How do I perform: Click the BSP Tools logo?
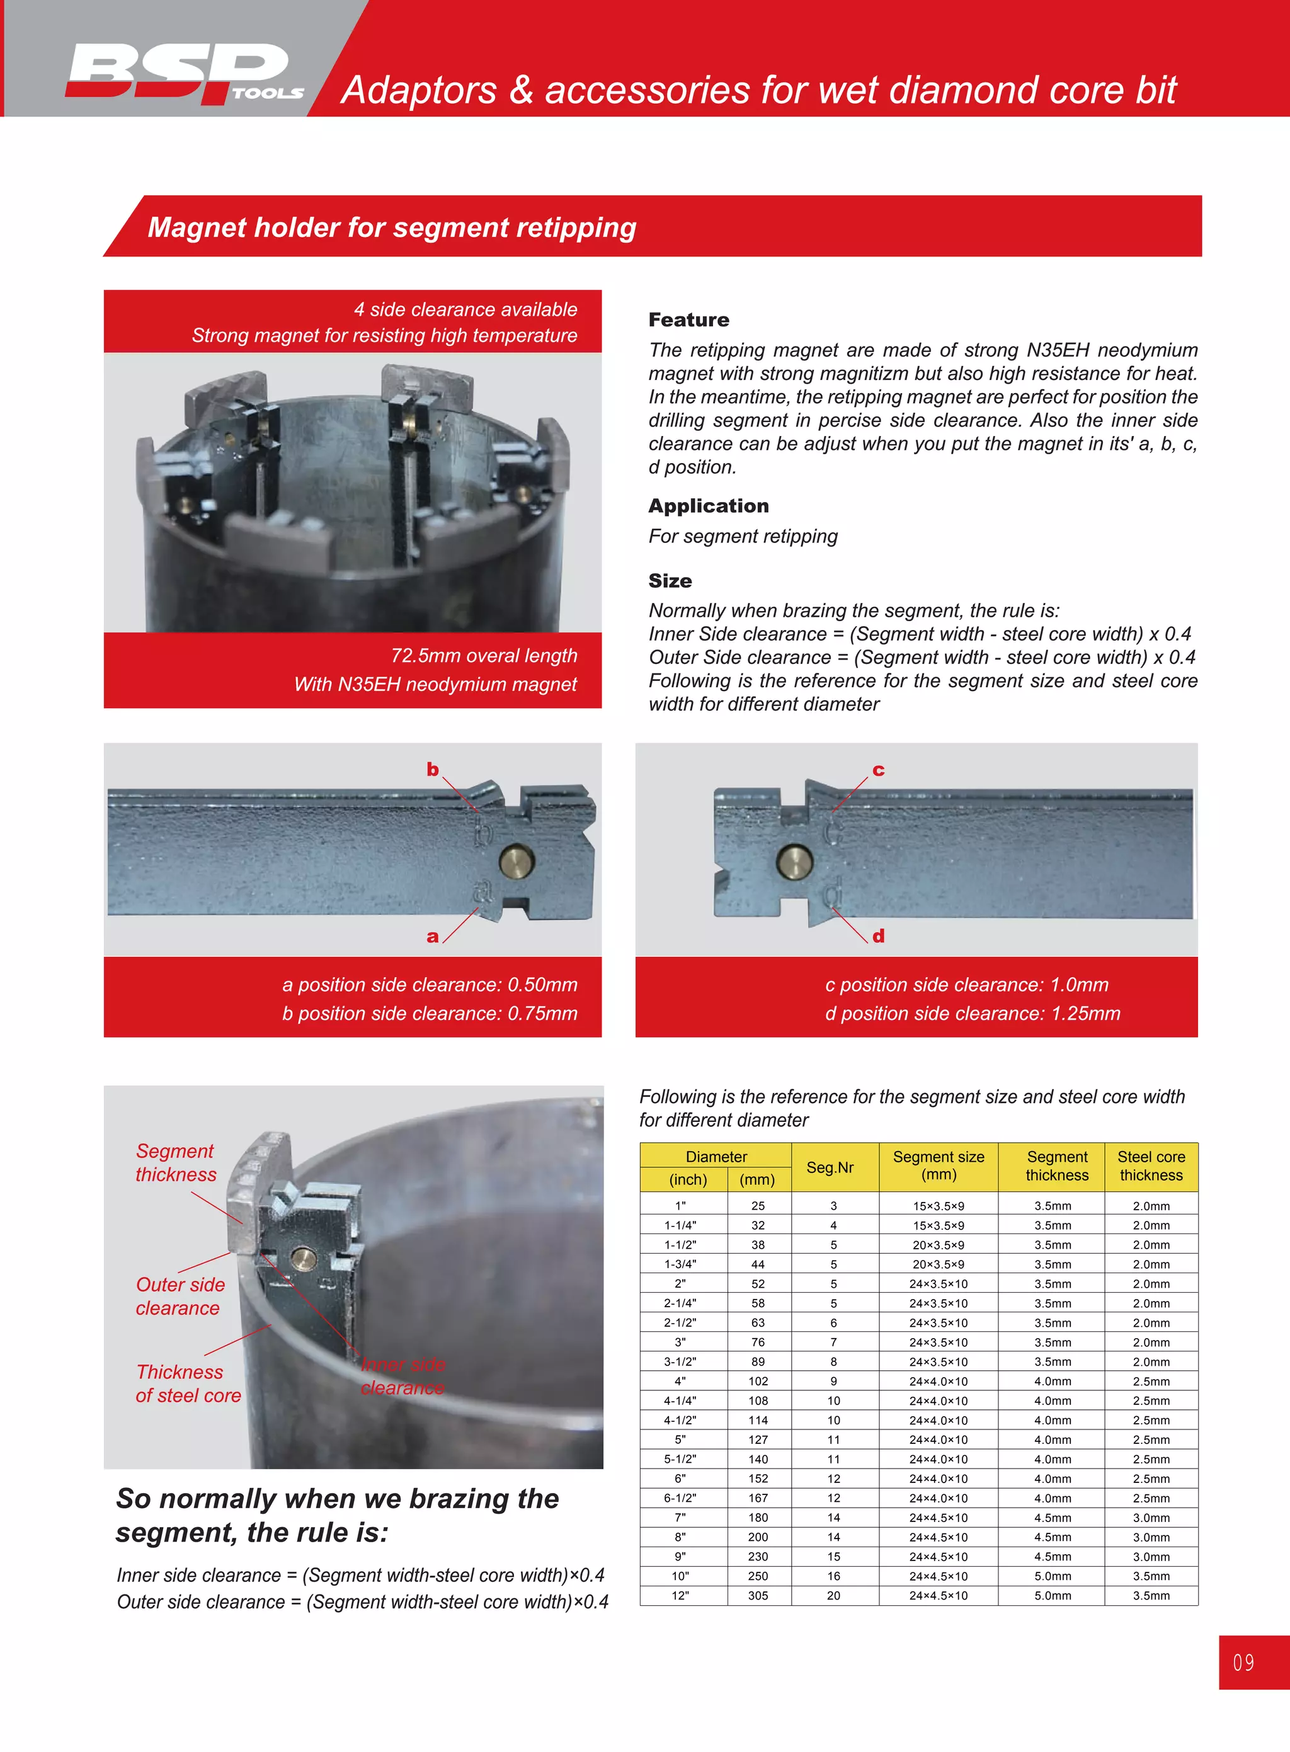pos(185,72)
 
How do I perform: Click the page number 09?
pos(1243,1662)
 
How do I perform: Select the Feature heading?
pos(688,319)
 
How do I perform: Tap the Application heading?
pos(707,505)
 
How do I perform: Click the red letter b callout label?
pos(433,769)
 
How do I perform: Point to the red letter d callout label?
pos(879,936)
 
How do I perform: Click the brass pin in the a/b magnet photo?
pos(516,862)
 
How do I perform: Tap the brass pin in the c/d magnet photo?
pos(794,862)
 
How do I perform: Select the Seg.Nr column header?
pos(830,1167)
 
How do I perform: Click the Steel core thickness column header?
pos(1150,1165)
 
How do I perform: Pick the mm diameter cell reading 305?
pos(758,1595)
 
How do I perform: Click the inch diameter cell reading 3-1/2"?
pos(680,1361)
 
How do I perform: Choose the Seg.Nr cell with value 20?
pos(833,1595)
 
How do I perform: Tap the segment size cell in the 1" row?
pos(938,1206)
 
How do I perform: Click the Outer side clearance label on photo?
pos(180,1296)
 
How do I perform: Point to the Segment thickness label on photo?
pos(176,1162)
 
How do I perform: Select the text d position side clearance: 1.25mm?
pos(972,1013)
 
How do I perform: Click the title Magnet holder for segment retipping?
pos(391,227)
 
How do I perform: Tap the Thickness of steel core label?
pos(188,1383)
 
